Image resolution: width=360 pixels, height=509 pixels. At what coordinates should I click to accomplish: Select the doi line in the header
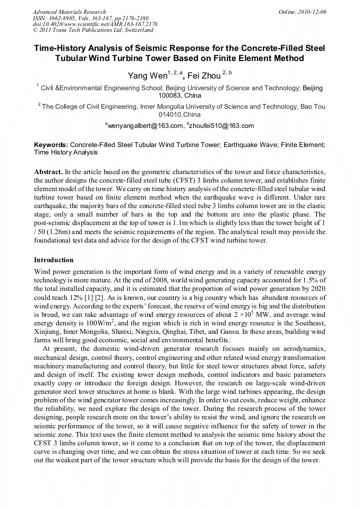(x=95, y=24)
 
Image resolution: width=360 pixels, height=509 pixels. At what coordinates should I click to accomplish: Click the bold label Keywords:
(x=51, y=144)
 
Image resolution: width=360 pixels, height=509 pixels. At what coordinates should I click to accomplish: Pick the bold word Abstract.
(x=48, y=172)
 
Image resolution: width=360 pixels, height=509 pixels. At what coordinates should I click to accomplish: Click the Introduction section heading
(x=54, y=260)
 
